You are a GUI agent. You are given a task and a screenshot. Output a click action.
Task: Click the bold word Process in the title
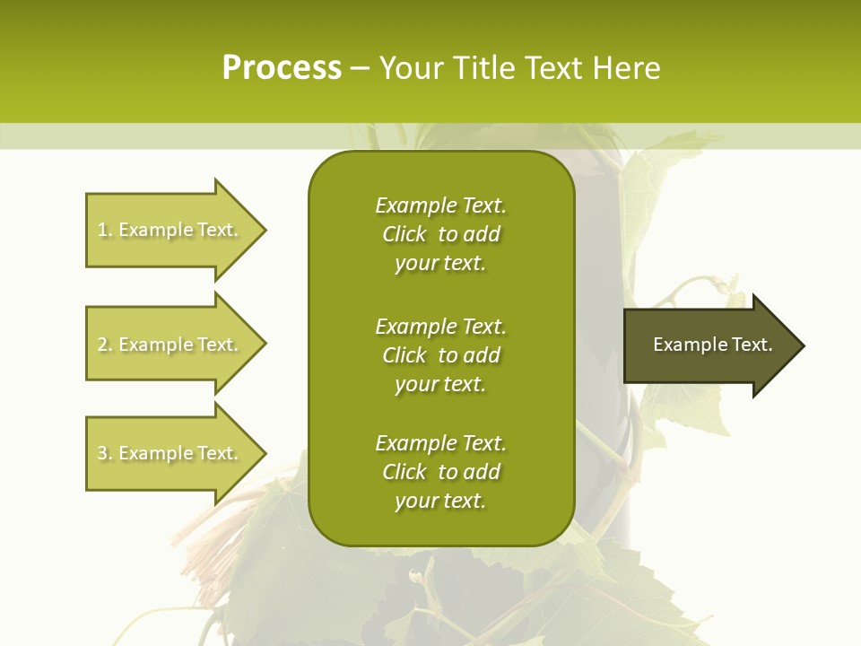coord(282,68)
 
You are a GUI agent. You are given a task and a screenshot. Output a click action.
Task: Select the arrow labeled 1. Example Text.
coord(170,230)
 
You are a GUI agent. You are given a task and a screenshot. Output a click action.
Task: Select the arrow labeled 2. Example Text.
coord(170,345)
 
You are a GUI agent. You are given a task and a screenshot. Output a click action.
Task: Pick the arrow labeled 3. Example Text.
coord(170,453)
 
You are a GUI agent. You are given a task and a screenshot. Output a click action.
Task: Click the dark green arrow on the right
coord(709,345)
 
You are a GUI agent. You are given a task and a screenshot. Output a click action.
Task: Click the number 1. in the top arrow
coord(105,230)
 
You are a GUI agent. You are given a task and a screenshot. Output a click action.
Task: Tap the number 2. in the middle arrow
coord(105,345)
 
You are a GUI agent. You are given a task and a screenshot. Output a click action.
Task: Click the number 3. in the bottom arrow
coord(105,453)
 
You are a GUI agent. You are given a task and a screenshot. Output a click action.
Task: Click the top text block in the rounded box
coord(440,234)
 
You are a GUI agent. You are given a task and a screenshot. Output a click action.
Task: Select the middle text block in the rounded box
coord(440,355)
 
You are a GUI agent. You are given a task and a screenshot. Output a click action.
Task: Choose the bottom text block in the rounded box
coord(440,472)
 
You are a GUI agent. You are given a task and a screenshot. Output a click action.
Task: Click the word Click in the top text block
coord(404,234)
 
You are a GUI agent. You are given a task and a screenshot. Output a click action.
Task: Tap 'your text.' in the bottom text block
coord(440,501)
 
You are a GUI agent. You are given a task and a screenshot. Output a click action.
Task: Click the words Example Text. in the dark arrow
coord(713,345)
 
